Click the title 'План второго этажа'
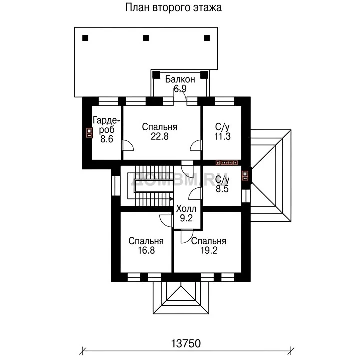(x=173, y=8)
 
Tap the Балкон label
(x=180, y=79)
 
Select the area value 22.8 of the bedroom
(x=160, y=136)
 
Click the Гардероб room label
(x=107, y=125)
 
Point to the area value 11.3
(x=222, y=136)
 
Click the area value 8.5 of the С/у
(x=222, y=189)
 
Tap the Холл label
(x=186, y=209)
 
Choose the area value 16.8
(x=146, y=250)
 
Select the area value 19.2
(x=209, y=250)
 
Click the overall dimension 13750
(x=186, y=343)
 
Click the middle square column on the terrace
(x=146, y=38)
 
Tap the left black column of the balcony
(x=156, y=75)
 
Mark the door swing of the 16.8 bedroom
(x=166, y=221)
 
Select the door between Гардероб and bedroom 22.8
(x=127, y=145)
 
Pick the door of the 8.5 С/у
(x=195, y=193)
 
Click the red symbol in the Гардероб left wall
(x=89, y=133)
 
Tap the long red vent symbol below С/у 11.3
(x=227, y=163)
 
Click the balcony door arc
(x=183, y=93)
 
